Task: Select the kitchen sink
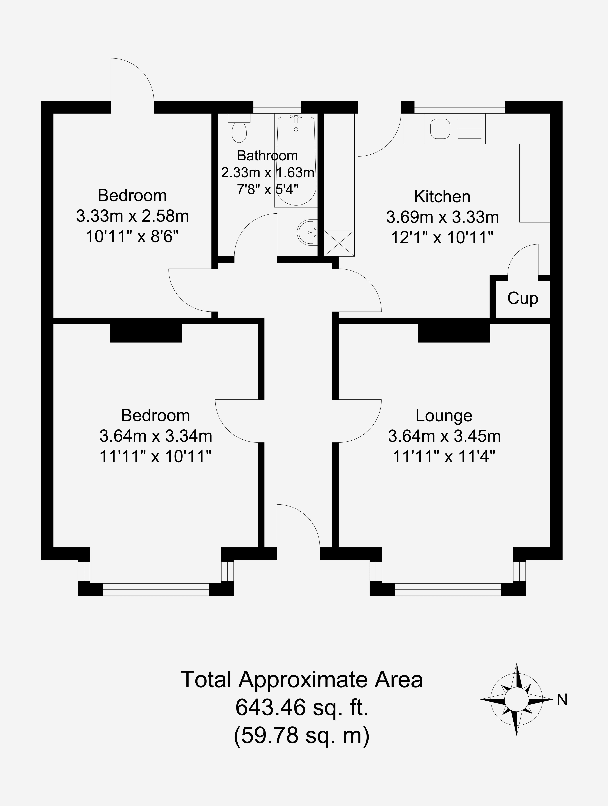(440, 129)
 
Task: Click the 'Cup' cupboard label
(523, 298)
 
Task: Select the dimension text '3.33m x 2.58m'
(133, 216)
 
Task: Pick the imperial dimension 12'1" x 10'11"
(442, 238)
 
